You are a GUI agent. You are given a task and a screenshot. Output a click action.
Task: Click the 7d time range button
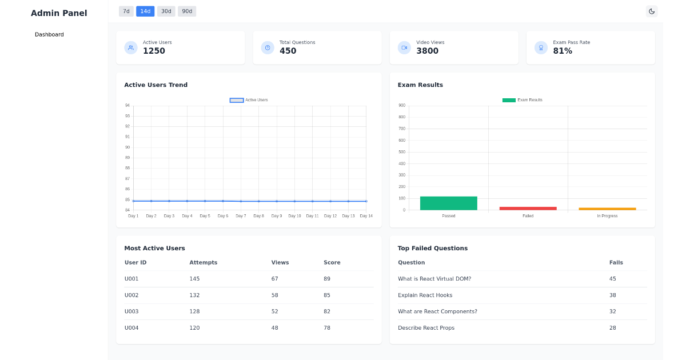click(126, 11)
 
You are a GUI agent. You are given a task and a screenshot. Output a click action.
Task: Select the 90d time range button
click(187, 11)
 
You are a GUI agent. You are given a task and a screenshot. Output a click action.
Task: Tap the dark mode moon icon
click(651, 11)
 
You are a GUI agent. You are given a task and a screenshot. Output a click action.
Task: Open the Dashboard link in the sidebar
click(49, 35)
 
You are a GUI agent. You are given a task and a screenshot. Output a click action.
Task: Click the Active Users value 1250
click(154, 51)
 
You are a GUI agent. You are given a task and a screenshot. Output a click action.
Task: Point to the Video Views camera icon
click(404, 48)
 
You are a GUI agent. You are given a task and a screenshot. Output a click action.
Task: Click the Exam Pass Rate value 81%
click(563, 51)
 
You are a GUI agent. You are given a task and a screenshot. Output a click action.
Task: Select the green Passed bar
click(448, 203)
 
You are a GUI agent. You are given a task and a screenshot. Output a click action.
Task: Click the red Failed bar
click(528, 209)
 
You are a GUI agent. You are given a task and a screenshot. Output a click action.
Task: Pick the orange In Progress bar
click(607, 209)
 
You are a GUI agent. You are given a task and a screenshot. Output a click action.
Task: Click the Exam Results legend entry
click(522, 100)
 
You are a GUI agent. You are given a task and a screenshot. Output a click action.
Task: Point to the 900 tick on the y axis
click(402, 105)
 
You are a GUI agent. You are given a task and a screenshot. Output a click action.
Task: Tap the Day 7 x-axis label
click(241, 216)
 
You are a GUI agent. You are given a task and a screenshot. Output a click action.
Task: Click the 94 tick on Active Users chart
click(127, 105)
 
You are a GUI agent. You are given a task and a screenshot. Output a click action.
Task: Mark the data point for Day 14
click(366, 201)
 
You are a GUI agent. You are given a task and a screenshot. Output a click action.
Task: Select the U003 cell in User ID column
click(131, 311)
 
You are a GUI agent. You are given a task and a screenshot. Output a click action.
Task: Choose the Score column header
click(332, 263)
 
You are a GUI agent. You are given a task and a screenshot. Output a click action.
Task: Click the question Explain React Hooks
click(425, 295)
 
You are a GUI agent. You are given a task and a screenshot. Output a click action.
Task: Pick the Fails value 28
click(612, 328)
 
